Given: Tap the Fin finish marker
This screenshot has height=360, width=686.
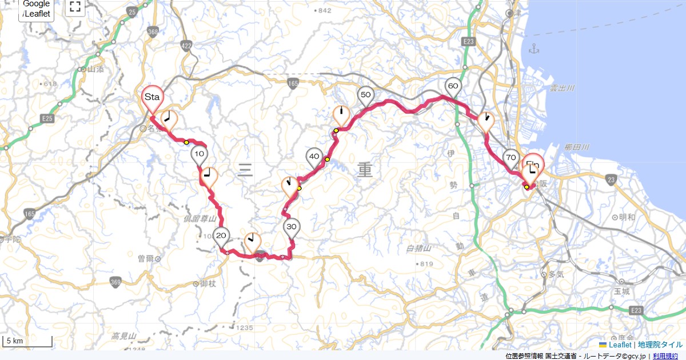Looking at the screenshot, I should coord(534,165).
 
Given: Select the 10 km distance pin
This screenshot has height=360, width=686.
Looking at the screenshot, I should coord(199,154).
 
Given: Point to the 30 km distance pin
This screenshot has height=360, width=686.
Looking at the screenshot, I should coord(292,227).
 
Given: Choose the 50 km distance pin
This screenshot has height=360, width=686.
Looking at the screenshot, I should coord(366,95).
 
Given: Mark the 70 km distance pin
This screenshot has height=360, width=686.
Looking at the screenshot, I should coord(511,158).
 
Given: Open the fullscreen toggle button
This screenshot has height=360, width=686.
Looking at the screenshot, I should coord(75,7).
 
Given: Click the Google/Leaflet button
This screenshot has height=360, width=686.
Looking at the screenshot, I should coord(37,9).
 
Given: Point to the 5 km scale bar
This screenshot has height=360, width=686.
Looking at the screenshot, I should coord(27,341).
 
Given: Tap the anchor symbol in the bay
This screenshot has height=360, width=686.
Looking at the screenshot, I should coord(535,49).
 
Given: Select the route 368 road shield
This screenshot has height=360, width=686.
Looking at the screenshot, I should coord(152,33).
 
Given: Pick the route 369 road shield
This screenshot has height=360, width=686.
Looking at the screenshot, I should coord(116,282).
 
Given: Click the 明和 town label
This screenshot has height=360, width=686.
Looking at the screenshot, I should coord(627,217).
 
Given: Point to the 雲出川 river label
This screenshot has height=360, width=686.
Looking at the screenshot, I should coord(562,89).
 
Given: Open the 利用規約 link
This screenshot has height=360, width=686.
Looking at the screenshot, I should coord(667,356).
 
